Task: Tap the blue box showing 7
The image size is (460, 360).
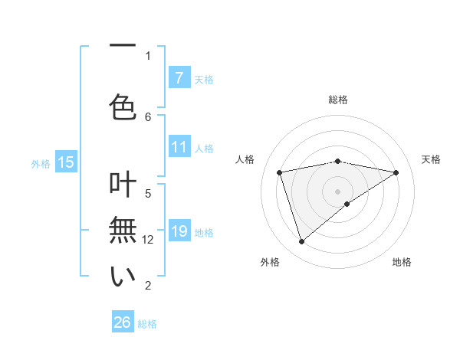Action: (x=179, y=78)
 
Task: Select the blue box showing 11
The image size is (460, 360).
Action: (x=179, y=148)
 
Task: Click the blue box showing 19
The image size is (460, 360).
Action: (x=179, y=231)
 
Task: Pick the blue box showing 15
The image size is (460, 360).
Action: (x=65, y=162)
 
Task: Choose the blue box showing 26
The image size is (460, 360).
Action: (x=123, y=322)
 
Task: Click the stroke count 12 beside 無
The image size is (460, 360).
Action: (x=149, y=240)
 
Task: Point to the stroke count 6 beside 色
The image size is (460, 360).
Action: (x=148, y=116)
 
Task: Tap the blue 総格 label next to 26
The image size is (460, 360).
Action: (x=148, y=324)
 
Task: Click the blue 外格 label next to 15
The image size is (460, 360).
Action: (x=41, y=163)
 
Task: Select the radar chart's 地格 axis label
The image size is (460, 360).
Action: (x=402, y=262)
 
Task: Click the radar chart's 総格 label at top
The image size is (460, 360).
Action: (x=337, y=100)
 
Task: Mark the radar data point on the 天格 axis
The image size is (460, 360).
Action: (x=396, y=172)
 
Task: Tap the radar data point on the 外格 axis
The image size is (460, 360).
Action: (x=301, y=242)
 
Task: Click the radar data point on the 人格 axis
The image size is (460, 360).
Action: (x=280, y=172)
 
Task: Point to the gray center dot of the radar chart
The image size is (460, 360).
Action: (x=337, y=191)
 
